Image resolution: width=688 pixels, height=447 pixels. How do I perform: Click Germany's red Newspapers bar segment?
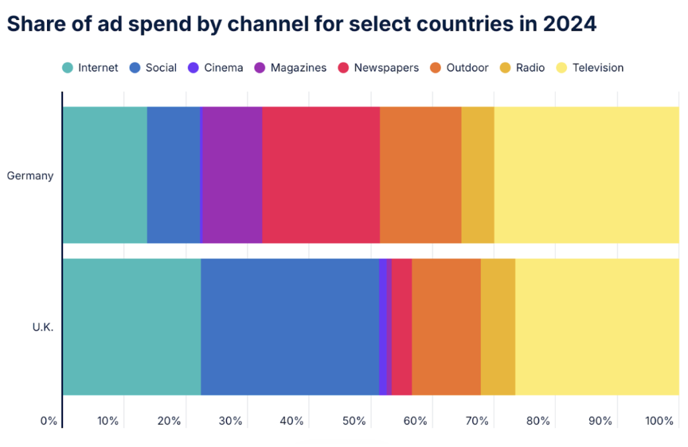320,175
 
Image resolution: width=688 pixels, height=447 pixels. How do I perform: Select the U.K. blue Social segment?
290,326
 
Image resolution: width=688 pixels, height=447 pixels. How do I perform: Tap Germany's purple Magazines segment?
232,175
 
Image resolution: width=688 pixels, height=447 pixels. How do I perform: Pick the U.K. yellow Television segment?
597,326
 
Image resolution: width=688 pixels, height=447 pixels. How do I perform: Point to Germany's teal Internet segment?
105,175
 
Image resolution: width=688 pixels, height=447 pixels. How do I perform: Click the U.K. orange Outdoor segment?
446,326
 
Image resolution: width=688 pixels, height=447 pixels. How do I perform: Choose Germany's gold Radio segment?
478,175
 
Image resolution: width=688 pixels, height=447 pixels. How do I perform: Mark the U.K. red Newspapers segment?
402,326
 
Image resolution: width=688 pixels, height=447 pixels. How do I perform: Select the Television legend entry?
591,68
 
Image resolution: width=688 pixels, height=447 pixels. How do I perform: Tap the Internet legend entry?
91,68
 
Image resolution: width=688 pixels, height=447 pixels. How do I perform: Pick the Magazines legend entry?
291,68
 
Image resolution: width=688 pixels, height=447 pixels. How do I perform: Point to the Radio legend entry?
522,68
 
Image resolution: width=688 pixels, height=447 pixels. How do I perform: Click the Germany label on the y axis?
30,176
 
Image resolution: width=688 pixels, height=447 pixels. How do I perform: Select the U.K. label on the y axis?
42,328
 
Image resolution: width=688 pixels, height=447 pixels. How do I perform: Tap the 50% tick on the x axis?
354,421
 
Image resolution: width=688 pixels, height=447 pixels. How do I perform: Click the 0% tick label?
48,421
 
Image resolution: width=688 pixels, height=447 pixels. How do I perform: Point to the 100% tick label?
659,421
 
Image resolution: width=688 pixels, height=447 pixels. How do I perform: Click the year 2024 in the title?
570,24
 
